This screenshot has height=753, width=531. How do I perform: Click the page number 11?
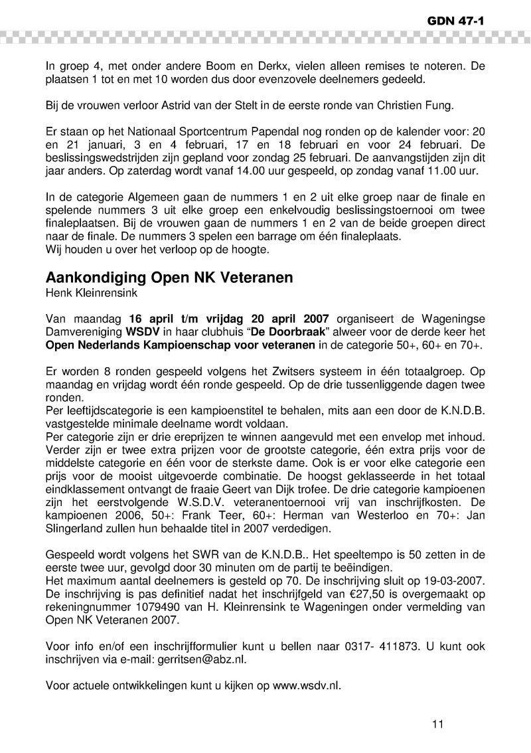tap(437, 724)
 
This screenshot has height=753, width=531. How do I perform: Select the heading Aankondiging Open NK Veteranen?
tap(169, 278)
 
